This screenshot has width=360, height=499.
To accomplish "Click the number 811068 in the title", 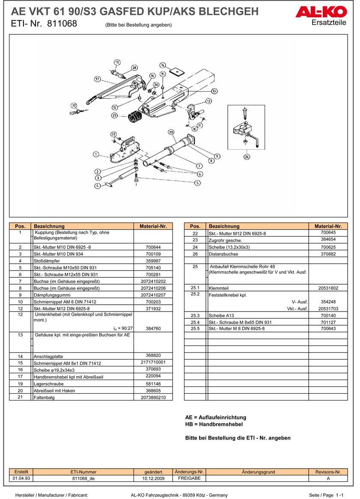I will click(x=62, y=24).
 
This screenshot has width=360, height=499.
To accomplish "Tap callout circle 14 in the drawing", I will click(x=163, y=65).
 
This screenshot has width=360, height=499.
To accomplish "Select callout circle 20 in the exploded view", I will click(x=74, y=105).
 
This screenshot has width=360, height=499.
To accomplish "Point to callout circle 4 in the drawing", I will click(x=97, y=186).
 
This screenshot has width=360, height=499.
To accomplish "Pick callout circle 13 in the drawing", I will click(x=214, y=91).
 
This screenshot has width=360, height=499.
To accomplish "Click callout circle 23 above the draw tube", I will click(x=171, y=132).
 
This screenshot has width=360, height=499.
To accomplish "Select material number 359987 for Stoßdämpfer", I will click(x=153, y=261).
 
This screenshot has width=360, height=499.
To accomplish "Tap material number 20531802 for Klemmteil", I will click(x=328, y=288).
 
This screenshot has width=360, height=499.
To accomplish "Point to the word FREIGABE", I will click(x=189, y=478).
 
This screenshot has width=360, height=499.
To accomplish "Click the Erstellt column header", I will click(x=21, y=472).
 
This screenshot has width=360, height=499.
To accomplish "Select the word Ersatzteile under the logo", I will click(x=329, y=23).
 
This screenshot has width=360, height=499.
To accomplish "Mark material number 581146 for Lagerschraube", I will click(x=153, y=384).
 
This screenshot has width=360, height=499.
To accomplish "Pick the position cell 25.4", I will click(x=195, y=322).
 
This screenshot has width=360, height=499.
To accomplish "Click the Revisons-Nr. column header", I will click(x=328, y=472).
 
